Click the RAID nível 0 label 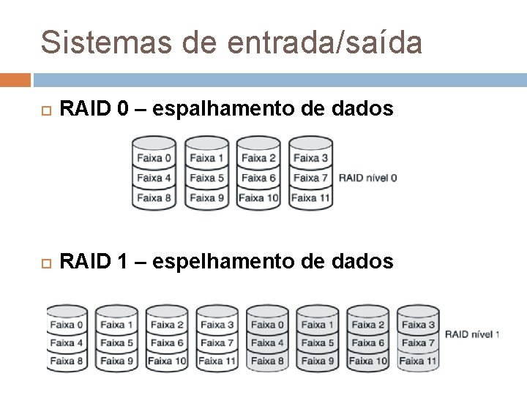click(368, 178)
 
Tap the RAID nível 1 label click(471, 334)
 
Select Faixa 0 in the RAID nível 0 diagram click(154, 157)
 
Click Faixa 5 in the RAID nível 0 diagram click(206, 178)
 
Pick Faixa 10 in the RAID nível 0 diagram click(258, 197)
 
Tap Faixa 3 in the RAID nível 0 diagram click(310, 157)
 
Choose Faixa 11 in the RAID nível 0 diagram click(310, 197)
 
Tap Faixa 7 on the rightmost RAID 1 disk click(416, 342)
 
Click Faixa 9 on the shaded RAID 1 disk click(316, 361)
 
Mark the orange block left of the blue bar click(15, 79)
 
